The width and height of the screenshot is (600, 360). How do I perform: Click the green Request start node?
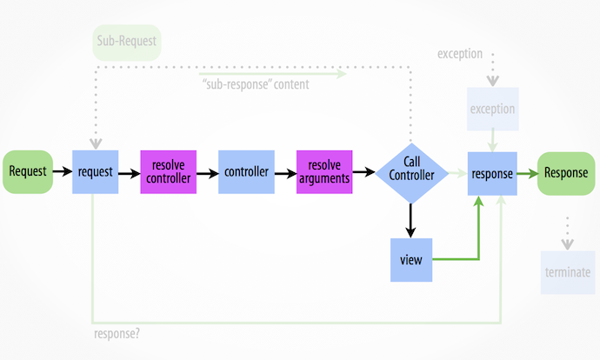pyautogui.click(x=28, y=171)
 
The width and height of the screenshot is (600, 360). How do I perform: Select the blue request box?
pyautogui.click(x=96, y=172)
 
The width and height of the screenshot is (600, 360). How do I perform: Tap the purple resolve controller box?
pyautogui.click(x=169, y=172)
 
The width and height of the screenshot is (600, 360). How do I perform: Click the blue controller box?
pyautogui.click(x=247, y=172)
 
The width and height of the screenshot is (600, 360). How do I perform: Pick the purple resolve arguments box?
pyautogui.click(x=325, y=172)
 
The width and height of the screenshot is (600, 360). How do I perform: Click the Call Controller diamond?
pyautogui.click(x=411, y=172)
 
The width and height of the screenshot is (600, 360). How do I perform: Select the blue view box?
pyautogui.click(x=411, y=259)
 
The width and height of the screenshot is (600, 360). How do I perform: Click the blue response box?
pyautogui.click(x=491, y=172)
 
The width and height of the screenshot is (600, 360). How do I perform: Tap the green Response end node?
pyautogui.click(x=566, y=172)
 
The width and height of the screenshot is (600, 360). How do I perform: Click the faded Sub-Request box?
pyautogui.click(x=127, y=42)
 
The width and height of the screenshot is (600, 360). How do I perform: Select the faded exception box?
pyautogui.click(x=492, y=110)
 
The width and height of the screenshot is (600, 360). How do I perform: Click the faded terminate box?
pyautogui.click(x=568, y=272)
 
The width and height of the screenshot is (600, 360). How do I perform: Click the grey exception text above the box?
pyautogui.click(x=460, y=54)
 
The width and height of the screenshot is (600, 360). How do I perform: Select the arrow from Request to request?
pyautogui.click(x=62, y=172)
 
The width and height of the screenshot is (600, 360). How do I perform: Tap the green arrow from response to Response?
pyautogui.click(x=526, y=172)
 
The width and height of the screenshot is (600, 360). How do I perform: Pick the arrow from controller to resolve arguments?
pyautogui.click(x=285, y=172)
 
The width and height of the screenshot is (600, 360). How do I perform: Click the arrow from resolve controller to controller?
pyautogui.click(x=207, y=172)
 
